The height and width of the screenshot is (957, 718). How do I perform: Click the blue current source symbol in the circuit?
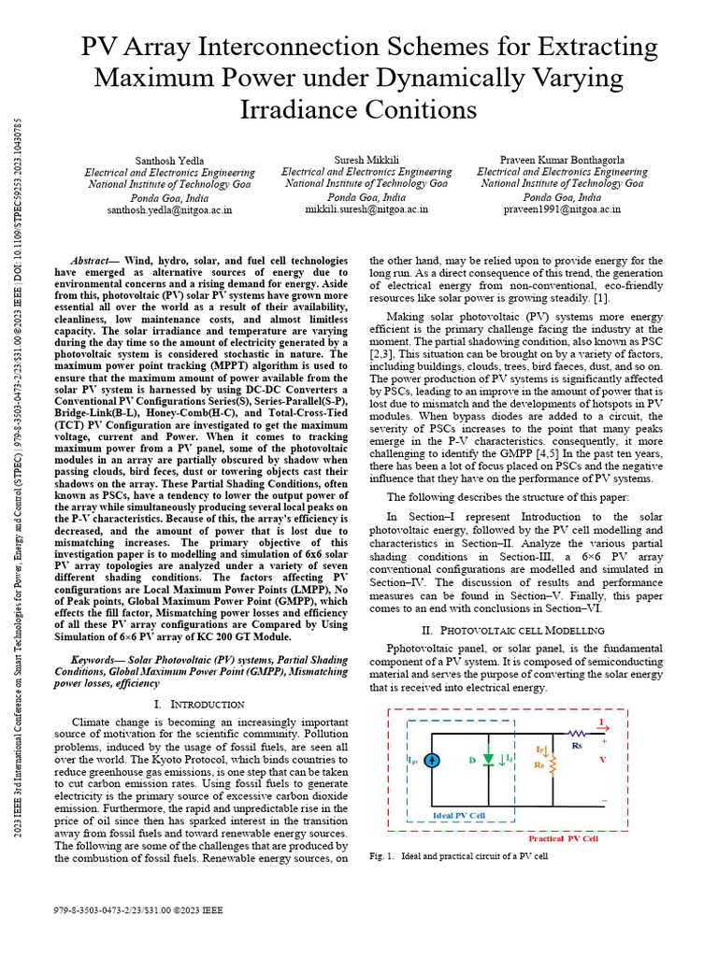pos(432,760)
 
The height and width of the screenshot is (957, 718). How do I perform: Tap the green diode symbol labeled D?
pos(489,760)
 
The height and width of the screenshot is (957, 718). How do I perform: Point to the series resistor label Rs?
pos(576,745)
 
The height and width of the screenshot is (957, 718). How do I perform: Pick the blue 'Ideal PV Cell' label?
pos(459,815)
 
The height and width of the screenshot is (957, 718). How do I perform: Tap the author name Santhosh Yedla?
pos(169,161)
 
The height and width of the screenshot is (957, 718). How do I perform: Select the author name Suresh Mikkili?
pos(366,161)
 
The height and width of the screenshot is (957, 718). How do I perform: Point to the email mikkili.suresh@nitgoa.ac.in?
pos(366,210)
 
